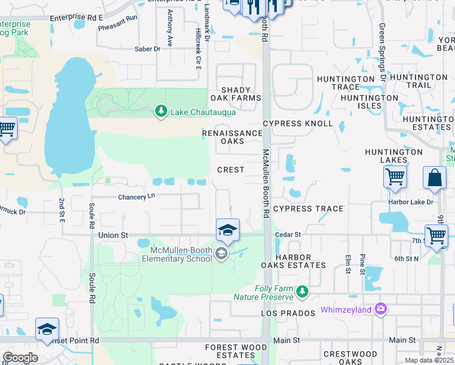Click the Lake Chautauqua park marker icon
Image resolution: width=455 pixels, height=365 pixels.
pos(161,111)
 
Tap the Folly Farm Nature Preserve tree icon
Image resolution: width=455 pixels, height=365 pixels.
pos(302,293)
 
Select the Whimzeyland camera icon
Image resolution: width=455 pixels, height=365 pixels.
pos(381,309)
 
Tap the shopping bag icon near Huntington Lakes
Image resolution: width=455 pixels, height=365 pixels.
pos(434,178)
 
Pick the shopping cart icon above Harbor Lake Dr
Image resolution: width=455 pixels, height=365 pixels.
pos(395,177)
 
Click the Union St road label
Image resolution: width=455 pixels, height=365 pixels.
pos(113,234)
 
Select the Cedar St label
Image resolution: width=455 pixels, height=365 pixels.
pos(289,234)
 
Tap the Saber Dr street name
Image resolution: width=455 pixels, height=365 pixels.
pos(147,49)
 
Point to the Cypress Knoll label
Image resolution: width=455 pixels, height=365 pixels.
pos(298,123)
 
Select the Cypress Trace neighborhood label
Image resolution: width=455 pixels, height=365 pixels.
pos(308,209)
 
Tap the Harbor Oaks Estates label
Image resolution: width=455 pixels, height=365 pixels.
pos(294,261)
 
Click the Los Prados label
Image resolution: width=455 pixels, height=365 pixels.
pos(283,313)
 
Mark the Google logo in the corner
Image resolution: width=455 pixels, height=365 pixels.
pos(20,357)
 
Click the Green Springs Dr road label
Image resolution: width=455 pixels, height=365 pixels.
pos(382,52)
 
